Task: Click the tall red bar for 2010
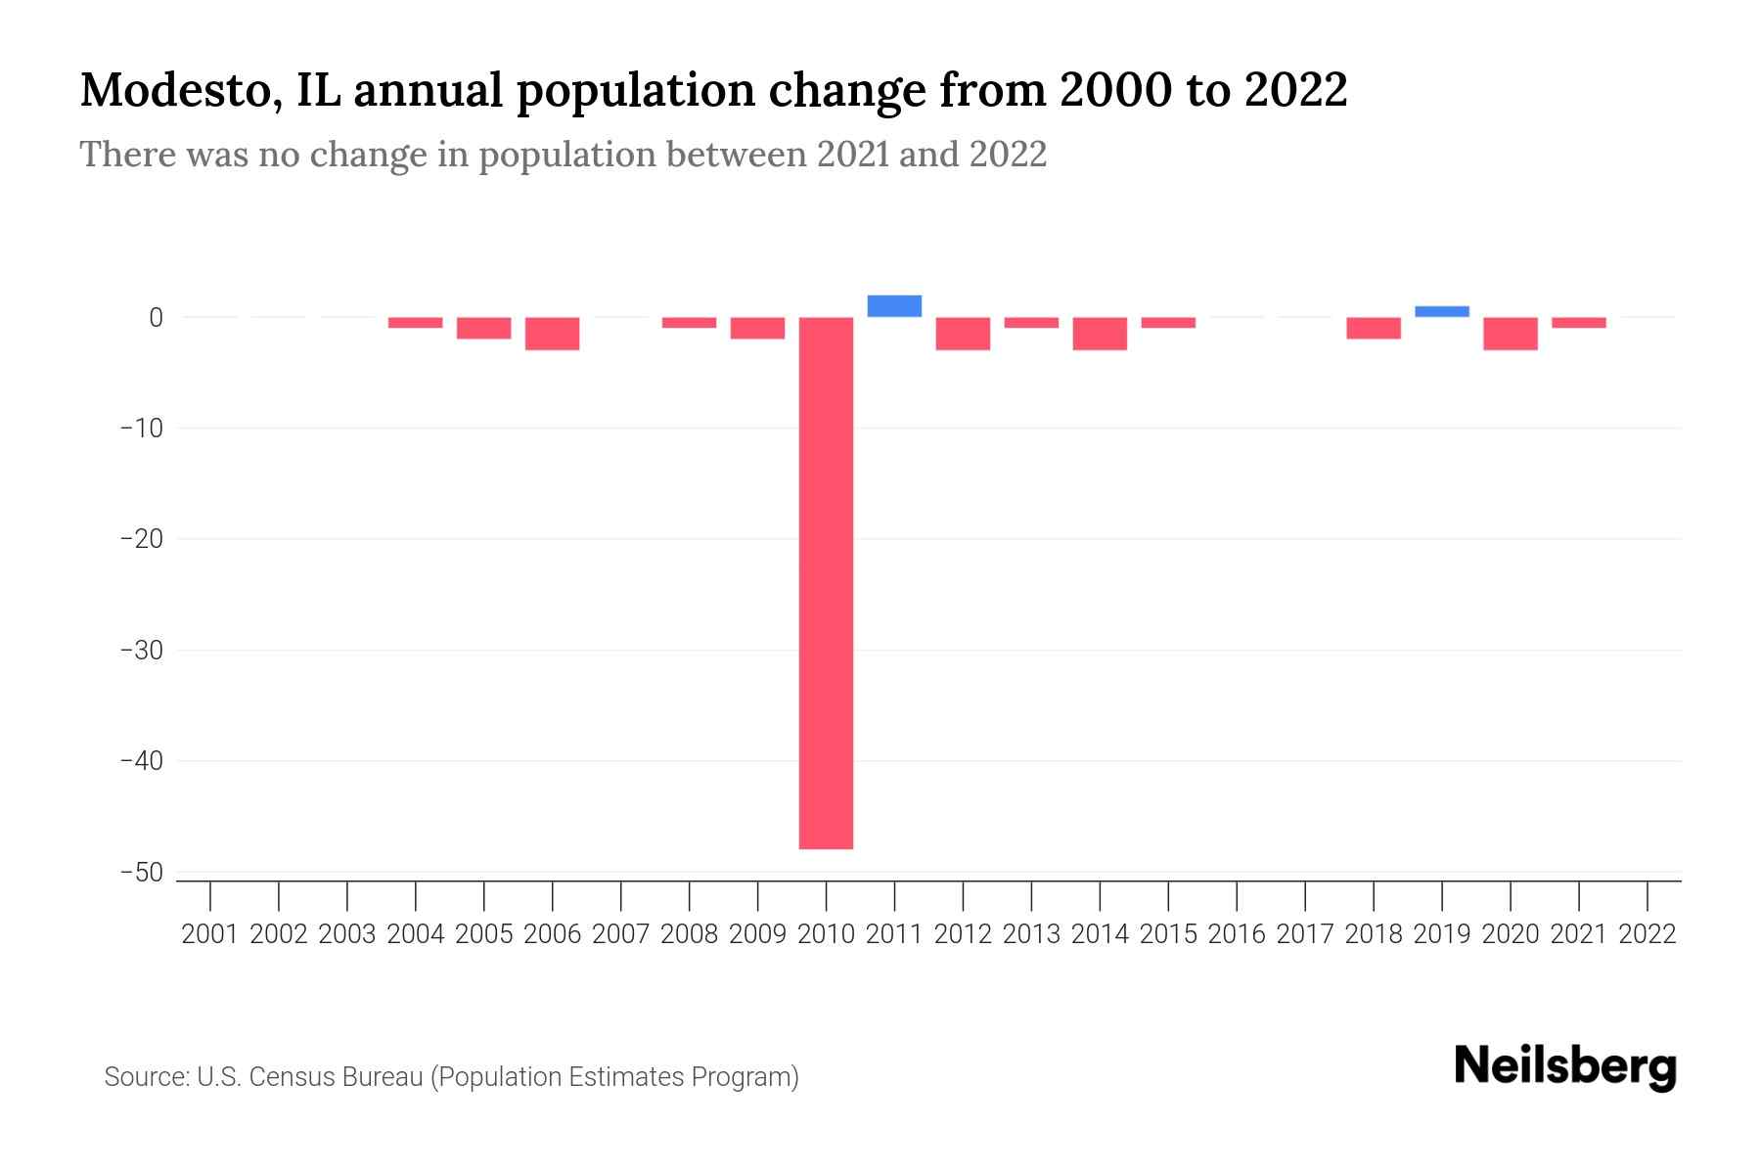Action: (826, 582)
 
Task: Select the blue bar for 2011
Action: (894, 306)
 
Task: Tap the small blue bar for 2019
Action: (1442, 312)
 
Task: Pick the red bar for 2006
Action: (553, 334)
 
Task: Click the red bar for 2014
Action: (1100, 334)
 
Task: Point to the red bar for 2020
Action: (1511, 334)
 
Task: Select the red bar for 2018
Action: (1374, 328)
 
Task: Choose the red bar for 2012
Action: (963, 334)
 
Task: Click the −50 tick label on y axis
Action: (141, 873)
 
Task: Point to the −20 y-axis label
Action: (141, 539)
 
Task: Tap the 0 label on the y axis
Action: (156, 318)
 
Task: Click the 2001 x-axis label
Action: (210, 934)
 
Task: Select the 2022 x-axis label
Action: (1648, 934)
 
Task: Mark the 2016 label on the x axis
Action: (1237, 934)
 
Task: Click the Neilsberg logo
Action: (1565, 1066)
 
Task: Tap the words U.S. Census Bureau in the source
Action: (309, 1077)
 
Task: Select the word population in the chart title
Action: (637, 91)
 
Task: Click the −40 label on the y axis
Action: (141, 761)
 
